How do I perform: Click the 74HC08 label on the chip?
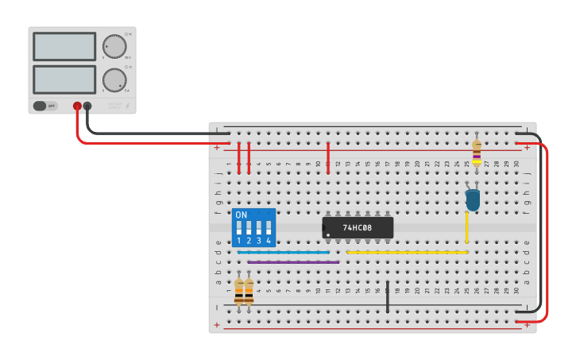[358, 228]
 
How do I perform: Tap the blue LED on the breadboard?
[473, 199]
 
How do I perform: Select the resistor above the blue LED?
[477, 150]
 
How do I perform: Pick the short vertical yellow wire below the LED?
[467, 227]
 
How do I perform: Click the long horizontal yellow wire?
[407, 252]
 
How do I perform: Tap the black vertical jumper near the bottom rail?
[388, 296]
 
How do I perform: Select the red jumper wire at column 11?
[328, 158]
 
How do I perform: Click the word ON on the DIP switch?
[242, 215]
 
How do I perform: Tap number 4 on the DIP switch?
[269, 240]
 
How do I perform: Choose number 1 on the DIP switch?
[239, 240]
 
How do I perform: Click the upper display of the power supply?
[64, 47]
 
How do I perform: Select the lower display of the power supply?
[64, 80]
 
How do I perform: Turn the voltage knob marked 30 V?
[114, 47]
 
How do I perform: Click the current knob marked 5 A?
[114, 80]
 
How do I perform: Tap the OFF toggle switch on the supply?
[45, 106]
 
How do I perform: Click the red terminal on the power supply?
[77, 106]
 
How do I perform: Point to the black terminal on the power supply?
[87, 106]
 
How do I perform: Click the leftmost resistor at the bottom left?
[239, 291]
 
